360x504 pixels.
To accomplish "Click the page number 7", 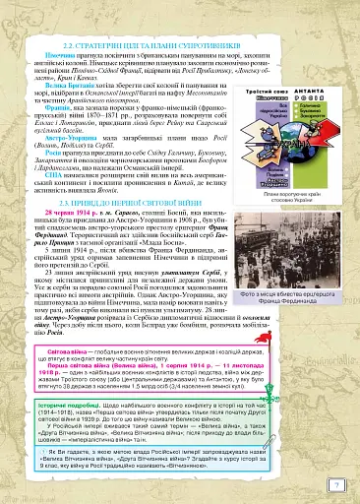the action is pyautogui.click(x=337, y=483).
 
